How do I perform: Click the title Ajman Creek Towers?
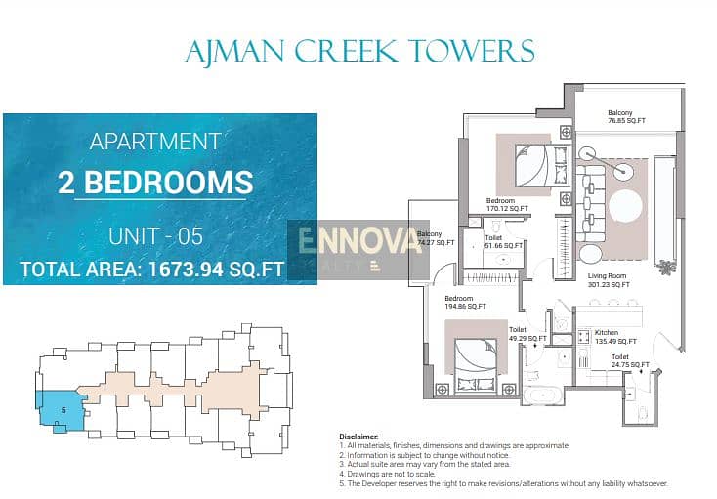(359, 51)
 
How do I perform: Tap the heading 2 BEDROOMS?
(155, 182)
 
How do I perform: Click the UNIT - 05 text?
(155, 236)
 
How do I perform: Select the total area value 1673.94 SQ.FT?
(216, 270)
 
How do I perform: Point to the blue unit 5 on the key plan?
(61, 410)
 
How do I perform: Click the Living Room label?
(609, 280)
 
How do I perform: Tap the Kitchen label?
(615, 337)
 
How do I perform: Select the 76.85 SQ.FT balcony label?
(626, 116)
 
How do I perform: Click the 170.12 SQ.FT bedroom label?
(507, 204)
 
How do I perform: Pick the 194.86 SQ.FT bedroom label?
(466, 302)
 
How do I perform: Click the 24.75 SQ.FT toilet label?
(630, 360)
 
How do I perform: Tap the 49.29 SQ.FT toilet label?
(527, 334)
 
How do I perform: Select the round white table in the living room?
(625, 208)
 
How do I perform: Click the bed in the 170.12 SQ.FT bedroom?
(543, 165)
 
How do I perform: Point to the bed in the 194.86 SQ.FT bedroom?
(476, 364)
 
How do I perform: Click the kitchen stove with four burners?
(583, 337)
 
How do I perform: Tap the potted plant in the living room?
(666, 266)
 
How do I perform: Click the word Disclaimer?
(358, 437)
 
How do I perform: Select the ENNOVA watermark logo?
(358, 249)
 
